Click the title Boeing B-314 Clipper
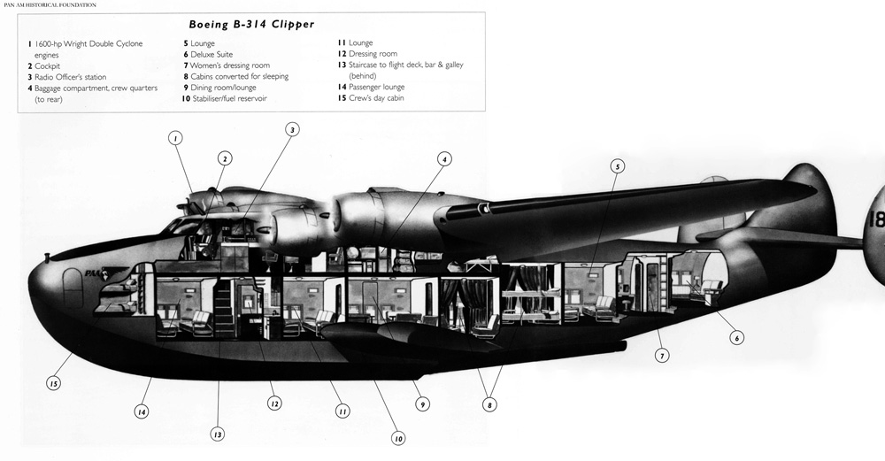251,25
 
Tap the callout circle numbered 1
175,138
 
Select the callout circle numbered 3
292,129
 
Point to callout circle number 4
445,159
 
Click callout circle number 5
617,165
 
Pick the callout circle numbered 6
736,336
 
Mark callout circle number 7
662,356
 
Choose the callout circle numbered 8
489,405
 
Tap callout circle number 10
397,438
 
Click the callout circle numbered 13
218,434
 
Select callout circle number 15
54,383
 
